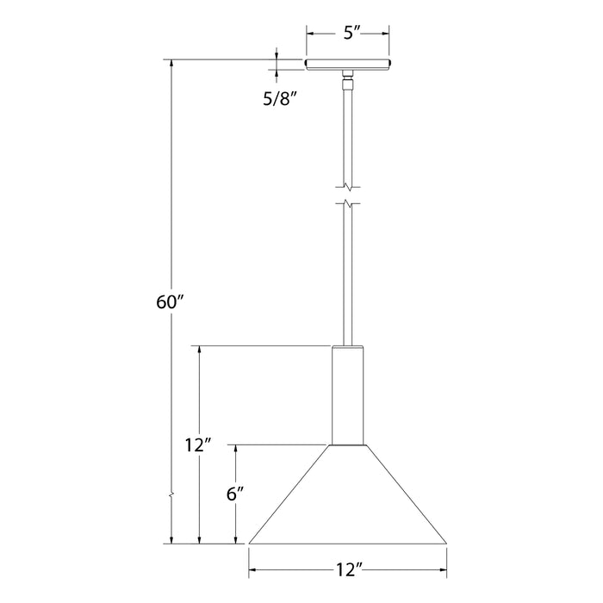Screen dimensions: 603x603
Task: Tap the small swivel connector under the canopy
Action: [347, 83]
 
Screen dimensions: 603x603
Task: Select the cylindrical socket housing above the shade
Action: [347, 395]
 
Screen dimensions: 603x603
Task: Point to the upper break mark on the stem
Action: [347, 185]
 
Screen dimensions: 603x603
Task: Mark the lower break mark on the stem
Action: [347, 205]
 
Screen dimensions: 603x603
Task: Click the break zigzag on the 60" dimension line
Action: [172, 495]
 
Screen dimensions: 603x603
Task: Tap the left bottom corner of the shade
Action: [250, 544]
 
